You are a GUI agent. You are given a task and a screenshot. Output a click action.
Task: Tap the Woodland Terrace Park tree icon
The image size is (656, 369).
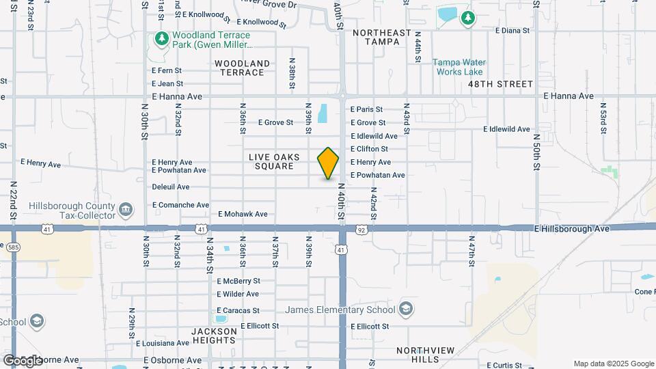click(161, 38)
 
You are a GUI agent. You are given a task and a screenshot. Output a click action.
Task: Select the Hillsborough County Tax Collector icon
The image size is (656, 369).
click(126, 209)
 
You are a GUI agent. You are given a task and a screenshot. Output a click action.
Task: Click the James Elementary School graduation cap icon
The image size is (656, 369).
click(407, 310)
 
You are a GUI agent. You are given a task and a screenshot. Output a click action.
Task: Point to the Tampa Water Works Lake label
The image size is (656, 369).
click(458, 67)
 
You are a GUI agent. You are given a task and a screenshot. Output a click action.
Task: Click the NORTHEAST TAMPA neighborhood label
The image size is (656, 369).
click(381, 37)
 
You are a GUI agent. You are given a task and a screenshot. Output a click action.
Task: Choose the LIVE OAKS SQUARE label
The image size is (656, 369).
click(274, 162)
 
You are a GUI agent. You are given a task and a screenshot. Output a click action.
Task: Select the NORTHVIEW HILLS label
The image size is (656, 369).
click(426, 355)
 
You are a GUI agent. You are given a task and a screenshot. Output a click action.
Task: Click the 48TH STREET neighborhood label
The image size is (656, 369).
click(500, 84)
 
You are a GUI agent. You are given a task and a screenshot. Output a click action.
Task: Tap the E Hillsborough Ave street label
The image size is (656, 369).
click(572, 229)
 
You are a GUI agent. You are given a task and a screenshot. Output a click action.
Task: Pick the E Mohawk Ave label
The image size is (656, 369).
click(243, 214)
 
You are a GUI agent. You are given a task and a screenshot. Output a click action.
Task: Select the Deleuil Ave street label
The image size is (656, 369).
click(171, 187)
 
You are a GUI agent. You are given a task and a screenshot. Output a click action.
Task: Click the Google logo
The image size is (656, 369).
click(22, 360)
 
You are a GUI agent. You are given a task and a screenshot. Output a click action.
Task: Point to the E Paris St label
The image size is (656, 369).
click(366, 109)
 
